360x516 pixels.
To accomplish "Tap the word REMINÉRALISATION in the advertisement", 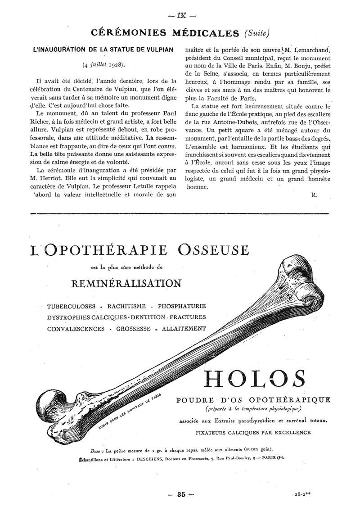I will (x=126, y=283).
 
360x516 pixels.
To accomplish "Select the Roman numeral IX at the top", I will (x=181, y=14).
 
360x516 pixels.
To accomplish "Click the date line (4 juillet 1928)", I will (x=103, y=64).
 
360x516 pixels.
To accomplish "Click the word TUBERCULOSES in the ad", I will (x=72, y=306).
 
